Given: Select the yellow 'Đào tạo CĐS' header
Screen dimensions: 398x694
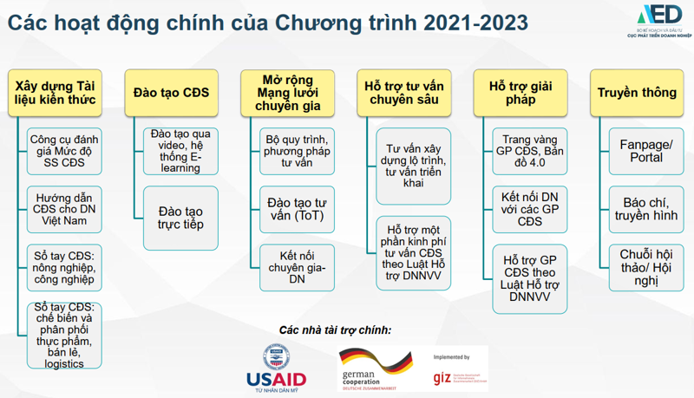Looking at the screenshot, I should tap(171, 92).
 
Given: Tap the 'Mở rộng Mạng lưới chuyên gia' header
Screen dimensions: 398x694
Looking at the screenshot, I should tap(288, 93).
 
